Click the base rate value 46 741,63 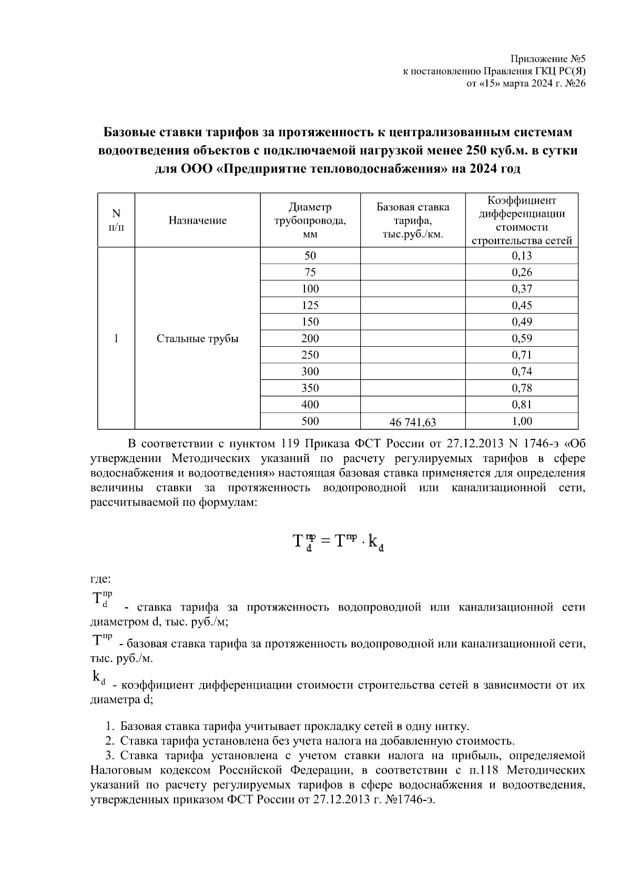(x=413, y=422)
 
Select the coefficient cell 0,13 (x=522, y=256)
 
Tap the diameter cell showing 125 (x=310, y=305)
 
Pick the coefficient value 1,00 (x=522, y=421)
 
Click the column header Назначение (x=197, y=220)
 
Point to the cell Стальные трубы (x=197, y=338)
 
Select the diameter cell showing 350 (x=310, y=388)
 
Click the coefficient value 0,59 (x=522, y=338)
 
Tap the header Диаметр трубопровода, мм (x=310, y=220)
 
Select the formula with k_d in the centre (x=337, y=541)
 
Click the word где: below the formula (x=100, y=579)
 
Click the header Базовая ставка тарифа (x=413, y=220)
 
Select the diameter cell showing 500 (x=310, y=421)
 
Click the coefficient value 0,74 (x=522, y=372)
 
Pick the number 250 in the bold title (x=476, y=150)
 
